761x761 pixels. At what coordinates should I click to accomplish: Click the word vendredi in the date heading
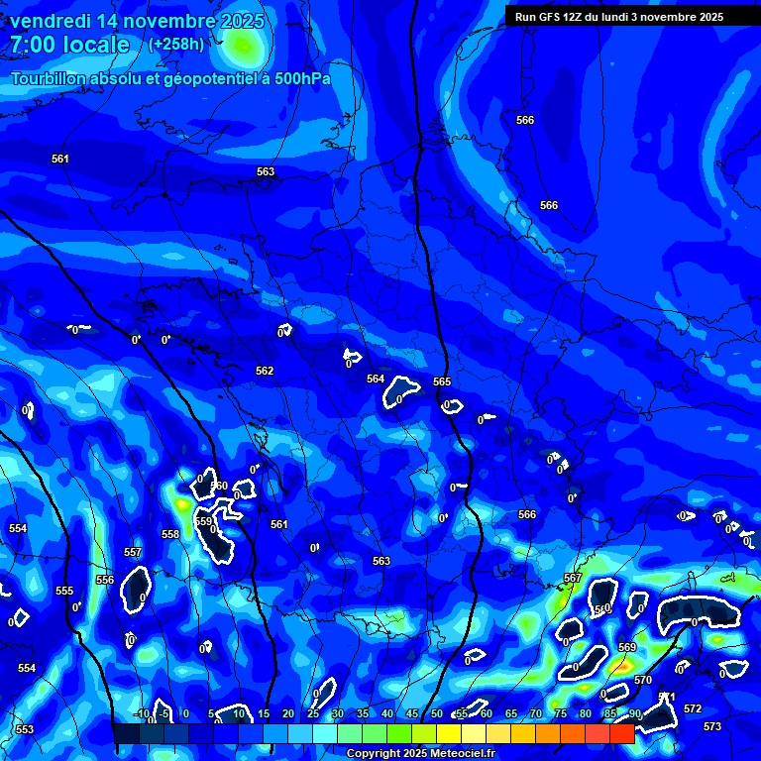click(x=50, y=21)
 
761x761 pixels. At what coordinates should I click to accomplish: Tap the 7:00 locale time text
click(x=69, y=45)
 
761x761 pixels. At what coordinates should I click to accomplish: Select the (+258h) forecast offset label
click(x=176, y=45)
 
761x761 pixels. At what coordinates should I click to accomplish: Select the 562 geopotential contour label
click(x=265, y=372)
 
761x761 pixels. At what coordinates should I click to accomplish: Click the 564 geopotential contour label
click(x=375, y=380)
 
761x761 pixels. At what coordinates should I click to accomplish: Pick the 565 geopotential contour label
click(x=442, y=382)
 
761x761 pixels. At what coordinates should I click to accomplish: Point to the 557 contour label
click(x=133, y=552)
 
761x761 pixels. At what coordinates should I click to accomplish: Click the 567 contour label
click(x=572, y=578)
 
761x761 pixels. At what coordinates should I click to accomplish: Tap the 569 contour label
click(x=627, y=647)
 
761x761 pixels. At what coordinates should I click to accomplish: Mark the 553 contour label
click(x=24, y=730)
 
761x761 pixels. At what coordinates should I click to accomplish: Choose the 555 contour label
click(x=64, y=592)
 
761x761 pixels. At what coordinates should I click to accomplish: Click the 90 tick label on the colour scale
click(x=634, y=714)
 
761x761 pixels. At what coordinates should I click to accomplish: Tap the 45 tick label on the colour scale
click(x=411, y=714)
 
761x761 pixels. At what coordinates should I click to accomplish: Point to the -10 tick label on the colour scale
click(x=142, y=714)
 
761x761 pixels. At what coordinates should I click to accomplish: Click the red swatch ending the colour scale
click(x=621, y=733)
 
